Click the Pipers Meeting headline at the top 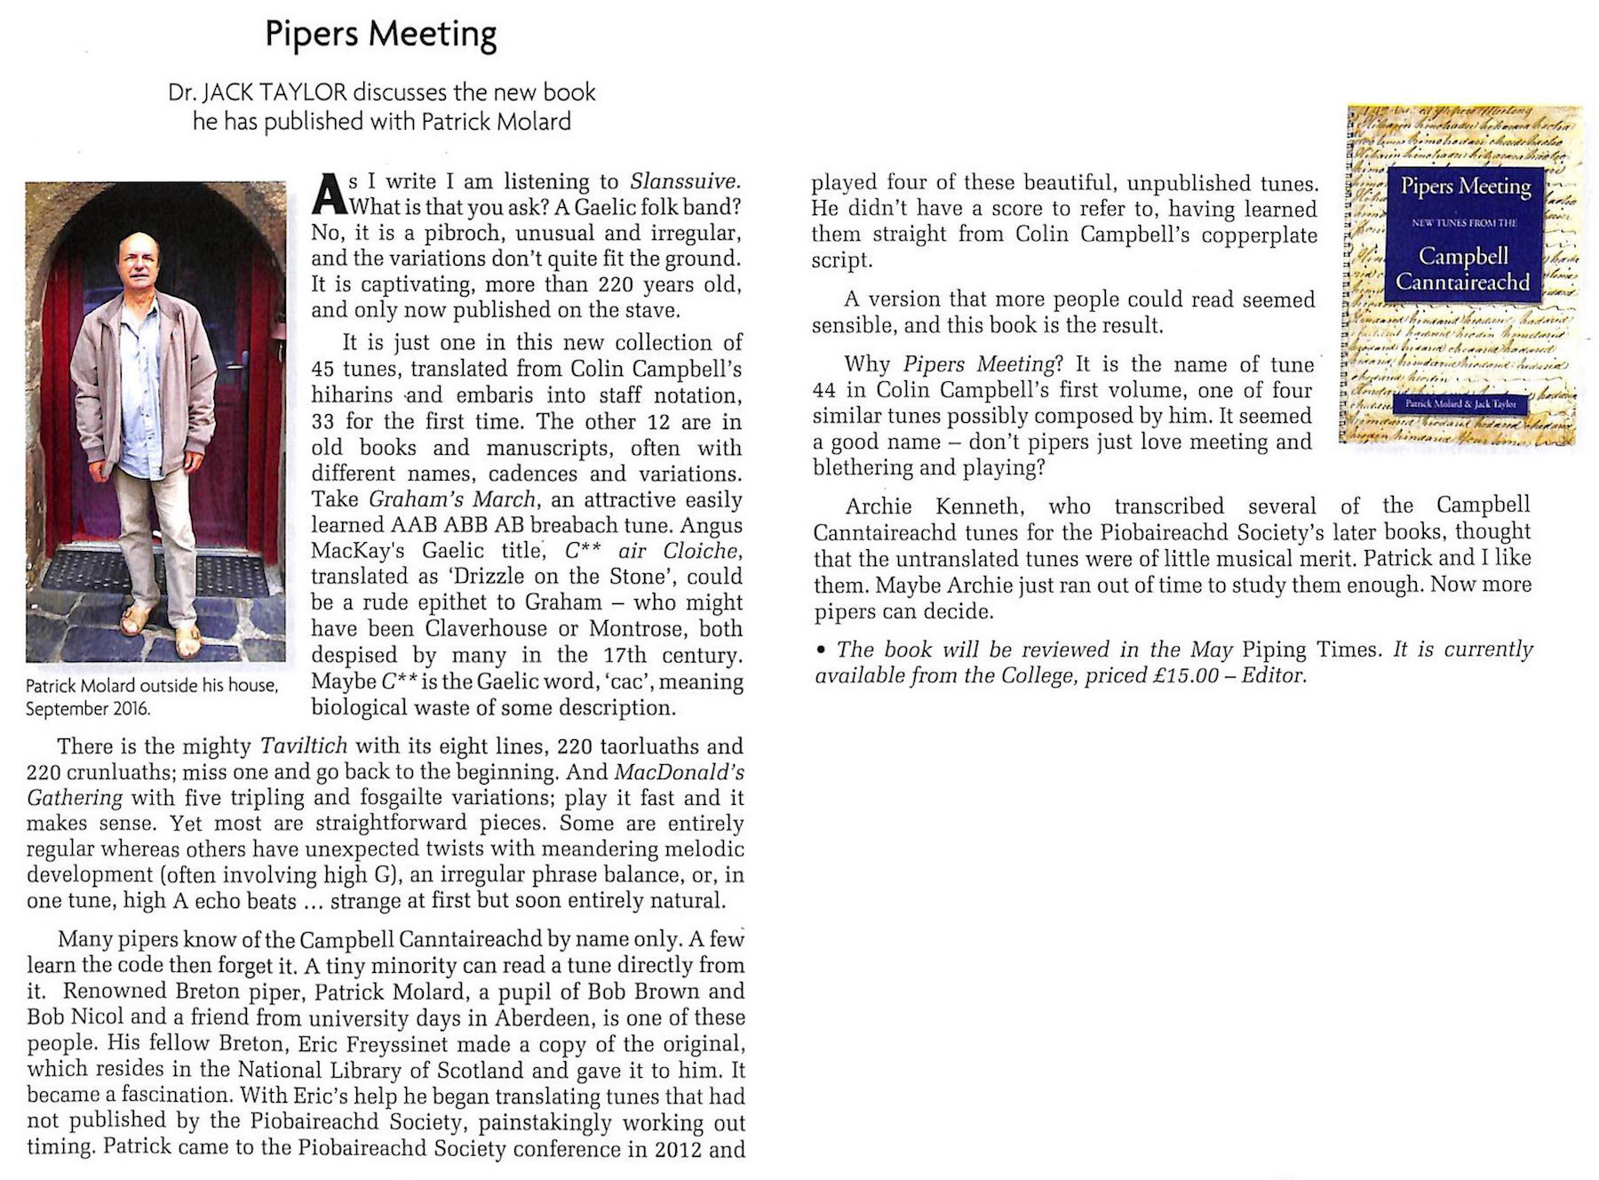point(380,35)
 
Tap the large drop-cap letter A point(328,195)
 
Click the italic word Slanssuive point(684,181)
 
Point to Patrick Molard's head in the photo point(138,257)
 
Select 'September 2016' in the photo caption point(88,709)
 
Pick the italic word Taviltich point(303,745)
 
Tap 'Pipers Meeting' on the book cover point(1466,187)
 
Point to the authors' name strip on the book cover point(1460,404)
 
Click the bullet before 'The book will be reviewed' point(821,650)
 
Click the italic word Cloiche point(701,551)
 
